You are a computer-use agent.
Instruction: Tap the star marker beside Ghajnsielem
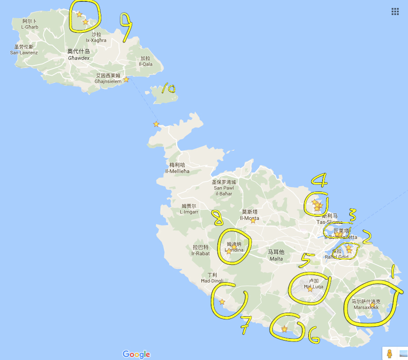click(x=126, y=80)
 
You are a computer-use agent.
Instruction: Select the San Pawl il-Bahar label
click(x=224, y=188)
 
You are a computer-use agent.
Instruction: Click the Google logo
click(x=136, y=354)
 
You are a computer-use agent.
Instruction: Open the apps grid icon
click(x=395, y=11)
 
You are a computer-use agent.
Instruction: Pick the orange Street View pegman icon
click(x=389, y=353)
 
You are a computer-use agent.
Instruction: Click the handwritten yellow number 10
click(x=168, y=89)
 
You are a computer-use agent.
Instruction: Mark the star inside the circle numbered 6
click(x=285, y=329)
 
